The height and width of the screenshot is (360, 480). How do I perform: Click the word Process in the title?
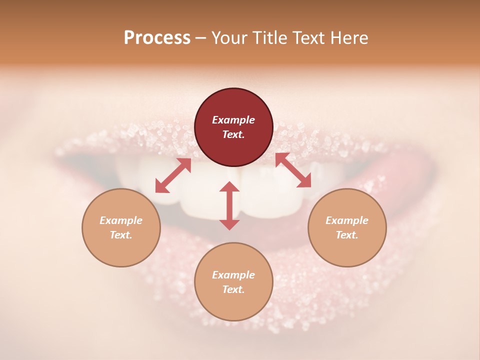157,38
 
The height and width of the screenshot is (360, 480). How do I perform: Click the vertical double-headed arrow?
229,205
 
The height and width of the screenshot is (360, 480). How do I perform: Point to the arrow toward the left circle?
173,175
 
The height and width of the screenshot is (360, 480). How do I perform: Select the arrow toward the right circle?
293,170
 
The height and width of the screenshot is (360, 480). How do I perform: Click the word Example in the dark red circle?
233,120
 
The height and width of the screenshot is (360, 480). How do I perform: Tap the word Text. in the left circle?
121,235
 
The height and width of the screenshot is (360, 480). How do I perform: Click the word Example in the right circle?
347,220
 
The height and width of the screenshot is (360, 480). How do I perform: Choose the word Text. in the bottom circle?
233,289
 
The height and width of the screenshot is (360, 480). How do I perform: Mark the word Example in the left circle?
121,220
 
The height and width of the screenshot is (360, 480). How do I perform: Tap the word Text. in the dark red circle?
233,134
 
